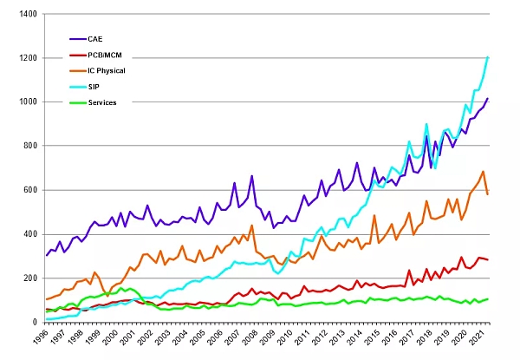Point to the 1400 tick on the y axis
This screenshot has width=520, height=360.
point(25,14)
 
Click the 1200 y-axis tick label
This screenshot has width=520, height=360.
point(25,58)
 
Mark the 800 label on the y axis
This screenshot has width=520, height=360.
point(29,146)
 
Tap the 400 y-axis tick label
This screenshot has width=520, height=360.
point(29,234)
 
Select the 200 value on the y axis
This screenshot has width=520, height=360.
point(29,278)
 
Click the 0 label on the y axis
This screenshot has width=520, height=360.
point(34,323)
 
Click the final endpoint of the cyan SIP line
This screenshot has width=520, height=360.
point(488,57)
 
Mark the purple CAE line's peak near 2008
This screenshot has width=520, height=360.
point(251,176)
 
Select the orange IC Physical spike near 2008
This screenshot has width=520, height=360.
point(251,226)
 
